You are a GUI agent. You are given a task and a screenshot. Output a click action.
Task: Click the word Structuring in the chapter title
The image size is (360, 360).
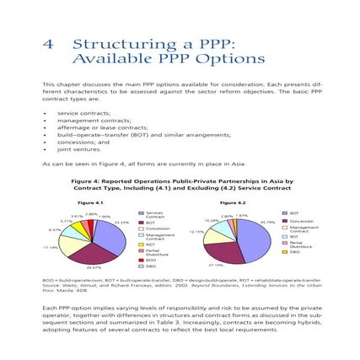coord(110,44)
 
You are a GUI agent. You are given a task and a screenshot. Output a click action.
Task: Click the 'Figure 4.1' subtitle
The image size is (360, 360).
coord(90,201)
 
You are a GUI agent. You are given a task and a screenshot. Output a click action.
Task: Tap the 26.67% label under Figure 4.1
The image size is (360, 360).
coord(95,267)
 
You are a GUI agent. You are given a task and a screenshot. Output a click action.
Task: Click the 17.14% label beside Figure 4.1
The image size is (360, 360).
coord(50,248)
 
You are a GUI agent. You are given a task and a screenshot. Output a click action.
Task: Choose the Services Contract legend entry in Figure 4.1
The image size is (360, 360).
coord(154,216)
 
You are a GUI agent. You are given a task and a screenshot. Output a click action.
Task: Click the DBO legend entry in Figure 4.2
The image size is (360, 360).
coord(294,251)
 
